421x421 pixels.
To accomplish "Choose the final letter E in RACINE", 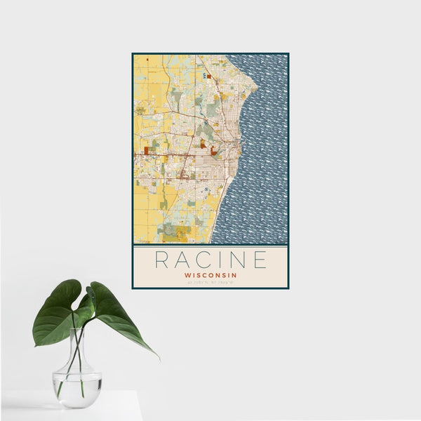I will pos(260,260).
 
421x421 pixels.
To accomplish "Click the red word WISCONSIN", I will pos(210,275).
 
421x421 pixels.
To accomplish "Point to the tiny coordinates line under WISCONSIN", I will pos(210,282).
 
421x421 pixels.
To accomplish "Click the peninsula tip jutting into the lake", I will pos(256,88).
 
